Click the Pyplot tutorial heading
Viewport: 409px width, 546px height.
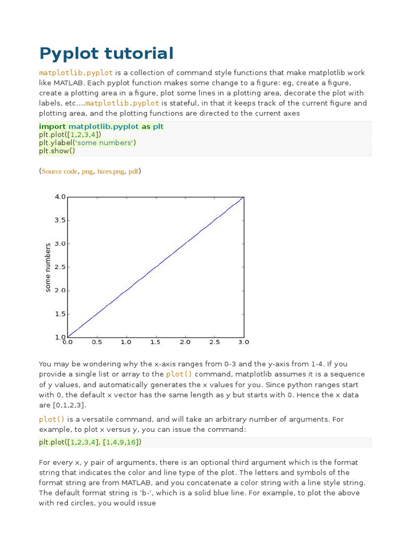click(107, 53)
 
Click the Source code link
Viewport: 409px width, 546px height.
click(59, 172)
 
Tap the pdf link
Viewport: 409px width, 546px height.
click(133, 172)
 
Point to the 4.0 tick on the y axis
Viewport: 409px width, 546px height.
click(60, 197)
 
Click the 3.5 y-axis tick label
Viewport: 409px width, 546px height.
click(60, 220)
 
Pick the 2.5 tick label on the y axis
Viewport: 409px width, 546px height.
click(60, 267)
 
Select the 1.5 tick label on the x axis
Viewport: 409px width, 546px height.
click(156, 342)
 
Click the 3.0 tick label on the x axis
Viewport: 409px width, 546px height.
click(243, 342)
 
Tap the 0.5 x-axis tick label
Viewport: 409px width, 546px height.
click(97, 342)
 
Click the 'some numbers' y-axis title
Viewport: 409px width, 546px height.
click(48, 267)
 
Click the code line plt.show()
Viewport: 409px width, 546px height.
click(57, 151)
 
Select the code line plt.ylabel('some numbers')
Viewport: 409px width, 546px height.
click(87, 143)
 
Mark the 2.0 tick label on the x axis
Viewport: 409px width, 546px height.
click(185, 342)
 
